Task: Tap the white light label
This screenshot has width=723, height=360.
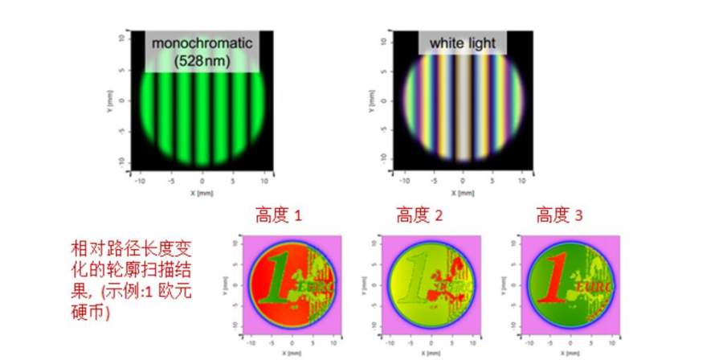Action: coord(463,43)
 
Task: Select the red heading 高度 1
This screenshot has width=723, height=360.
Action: coord(279,215)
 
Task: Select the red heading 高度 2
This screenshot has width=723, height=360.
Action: coord(419,215)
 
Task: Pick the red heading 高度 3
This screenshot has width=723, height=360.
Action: coord(559,215)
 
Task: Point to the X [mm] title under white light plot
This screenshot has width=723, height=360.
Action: coord(463,194)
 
